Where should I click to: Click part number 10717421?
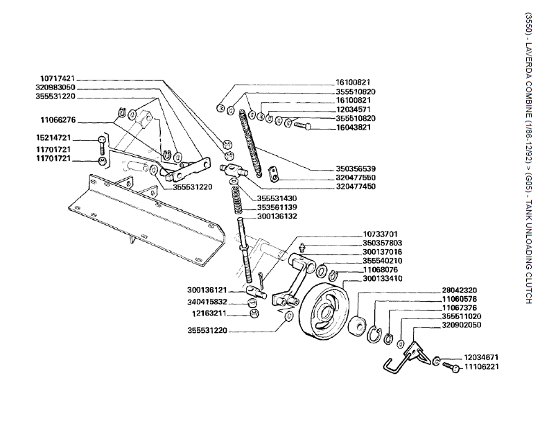tap(57, 78)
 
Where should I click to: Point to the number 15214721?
tap(56, 137)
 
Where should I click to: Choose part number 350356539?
tap(356, 169)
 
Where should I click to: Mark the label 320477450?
tap(356, 187)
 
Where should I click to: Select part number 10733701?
tap(381, 234)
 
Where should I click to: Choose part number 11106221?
tap(484, 366)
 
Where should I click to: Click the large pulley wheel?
tap(321, 314)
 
